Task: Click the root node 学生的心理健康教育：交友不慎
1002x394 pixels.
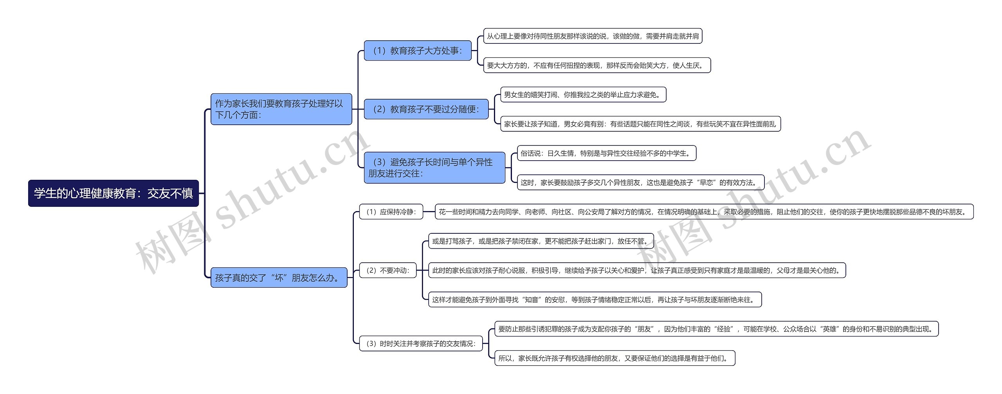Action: [113, 193]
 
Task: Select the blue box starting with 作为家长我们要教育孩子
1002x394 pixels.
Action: [281, 109]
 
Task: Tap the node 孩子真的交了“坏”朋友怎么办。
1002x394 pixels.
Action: [279, 278]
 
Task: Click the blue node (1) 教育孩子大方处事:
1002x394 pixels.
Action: [417, 50]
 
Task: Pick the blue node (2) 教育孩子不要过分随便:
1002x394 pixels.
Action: [426, 109]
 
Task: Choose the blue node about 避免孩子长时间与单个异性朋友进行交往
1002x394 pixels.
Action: [434, 168]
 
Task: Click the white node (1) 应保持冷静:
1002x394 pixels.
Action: [391, 212]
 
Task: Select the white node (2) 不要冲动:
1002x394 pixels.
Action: [387, 270]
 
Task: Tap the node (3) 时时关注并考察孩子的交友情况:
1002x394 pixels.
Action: [421, 344]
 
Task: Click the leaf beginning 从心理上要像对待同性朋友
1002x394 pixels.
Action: [593, 36]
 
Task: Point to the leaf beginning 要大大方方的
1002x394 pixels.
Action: [597, 65]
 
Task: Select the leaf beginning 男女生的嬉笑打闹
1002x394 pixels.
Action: [583, 95]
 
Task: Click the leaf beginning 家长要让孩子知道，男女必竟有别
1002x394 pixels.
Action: [640, 124]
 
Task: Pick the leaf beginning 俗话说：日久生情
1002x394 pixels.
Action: [607, 153]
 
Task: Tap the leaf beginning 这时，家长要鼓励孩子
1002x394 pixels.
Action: [640, 183]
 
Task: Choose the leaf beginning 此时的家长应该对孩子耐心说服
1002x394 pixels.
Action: [637, 270]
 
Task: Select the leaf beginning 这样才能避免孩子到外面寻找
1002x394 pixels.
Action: [595, 300]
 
